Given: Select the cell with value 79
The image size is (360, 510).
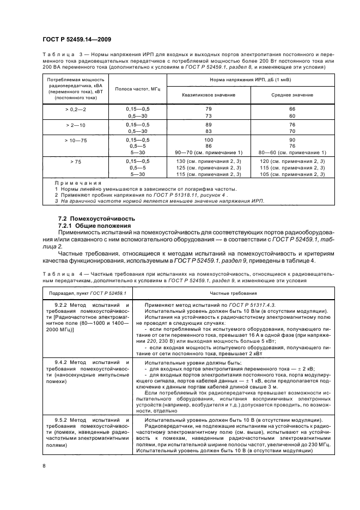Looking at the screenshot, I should (x=209, y=110).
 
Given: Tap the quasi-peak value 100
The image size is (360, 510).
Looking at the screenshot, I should (x=209, y=140).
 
